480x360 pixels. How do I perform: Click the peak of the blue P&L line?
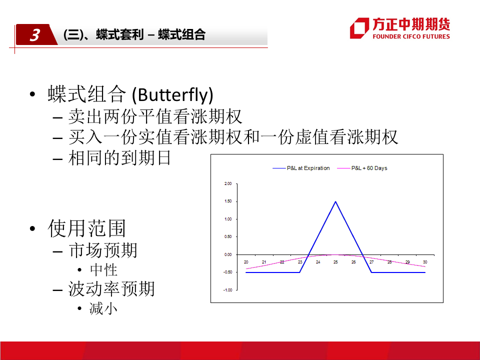(335, 201)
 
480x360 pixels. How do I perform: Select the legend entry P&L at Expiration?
(301, 168)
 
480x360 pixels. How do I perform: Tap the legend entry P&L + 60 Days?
(362, 168)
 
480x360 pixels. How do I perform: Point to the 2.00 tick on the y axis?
(228, 183)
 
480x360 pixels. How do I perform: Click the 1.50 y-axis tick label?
(228, 201)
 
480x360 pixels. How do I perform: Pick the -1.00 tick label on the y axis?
(227, 290)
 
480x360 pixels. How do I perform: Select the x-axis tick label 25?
(335, 262)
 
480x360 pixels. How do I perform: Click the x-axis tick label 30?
(425, 262)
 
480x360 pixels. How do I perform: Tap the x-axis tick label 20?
(246, 262)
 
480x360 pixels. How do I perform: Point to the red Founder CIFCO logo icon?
(359, 28)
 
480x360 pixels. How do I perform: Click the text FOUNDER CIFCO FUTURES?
(411, 36)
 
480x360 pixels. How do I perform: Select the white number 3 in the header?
(35, 35)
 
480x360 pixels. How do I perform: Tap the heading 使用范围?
(86, 228)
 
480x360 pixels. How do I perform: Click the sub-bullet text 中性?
(104, 270)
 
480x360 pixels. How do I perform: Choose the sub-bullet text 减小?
(103, 308)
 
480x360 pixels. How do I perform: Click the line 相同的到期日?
(119, 158)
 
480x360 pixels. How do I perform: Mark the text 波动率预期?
(111, 289)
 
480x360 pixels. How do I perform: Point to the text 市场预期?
(103, 250)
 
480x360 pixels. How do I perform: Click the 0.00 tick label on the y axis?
(228, 254)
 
